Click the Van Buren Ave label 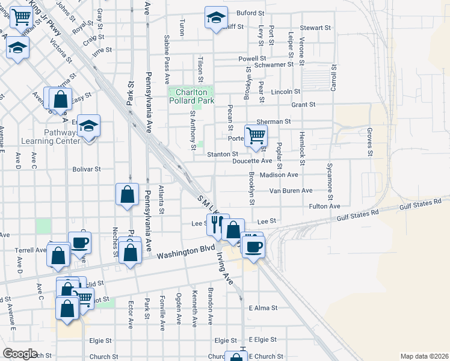[x=291, y=191]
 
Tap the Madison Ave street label [x=279, y=175]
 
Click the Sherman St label [x=277, y=121]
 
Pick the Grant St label [x=303, y=105]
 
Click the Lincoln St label [x=285, y=91]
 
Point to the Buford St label [x=250, y=13]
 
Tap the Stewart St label [x=316, y=28]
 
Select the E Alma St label [x=263, y=307]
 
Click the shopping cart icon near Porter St [x=256, y=135]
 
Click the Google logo [x=20, y=354]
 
